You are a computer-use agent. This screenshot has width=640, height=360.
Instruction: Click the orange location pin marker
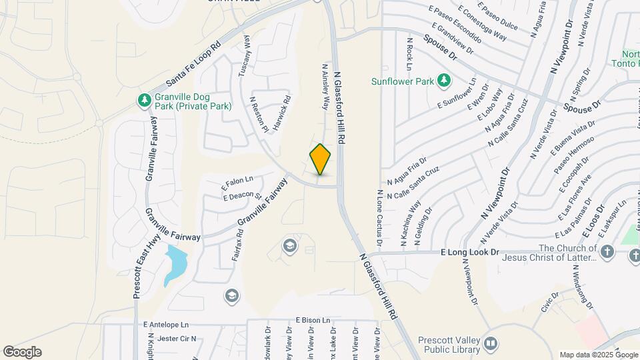point(321,159)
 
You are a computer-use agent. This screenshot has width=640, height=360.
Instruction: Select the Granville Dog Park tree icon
point(144,101)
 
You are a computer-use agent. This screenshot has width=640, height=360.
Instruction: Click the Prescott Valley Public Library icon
point(491,343)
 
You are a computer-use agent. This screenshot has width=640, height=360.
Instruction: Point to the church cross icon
point(607,252)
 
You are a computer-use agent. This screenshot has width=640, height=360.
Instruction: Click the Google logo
point(22,352)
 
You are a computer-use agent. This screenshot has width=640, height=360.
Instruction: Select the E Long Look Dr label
point(469,253)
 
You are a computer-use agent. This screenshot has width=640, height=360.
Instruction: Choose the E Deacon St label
point(242,196)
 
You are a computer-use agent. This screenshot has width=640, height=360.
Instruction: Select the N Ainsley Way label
point(327,87)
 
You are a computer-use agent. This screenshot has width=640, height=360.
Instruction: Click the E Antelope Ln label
point(166,324)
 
